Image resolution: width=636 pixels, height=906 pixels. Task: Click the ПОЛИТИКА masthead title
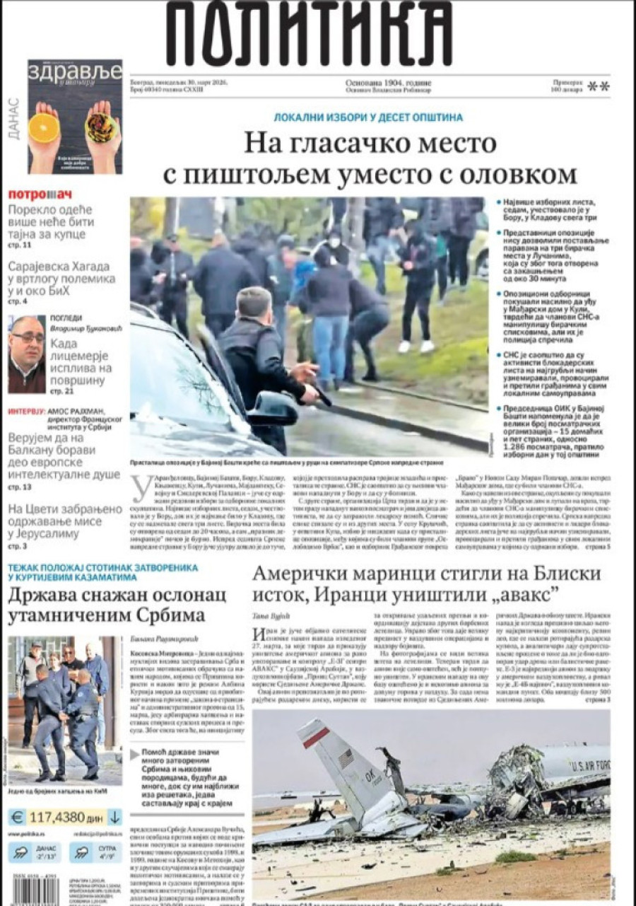[x=309, y=34]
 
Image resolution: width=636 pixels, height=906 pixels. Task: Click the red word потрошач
[x=40, y=194]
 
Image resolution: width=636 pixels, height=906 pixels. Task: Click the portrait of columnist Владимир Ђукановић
[x=27, y=354]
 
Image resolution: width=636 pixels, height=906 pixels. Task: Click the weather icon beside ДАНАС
[x=20, y=852]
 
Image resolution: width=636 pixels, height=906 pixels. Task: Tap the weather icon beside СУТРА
[x=82, y=852]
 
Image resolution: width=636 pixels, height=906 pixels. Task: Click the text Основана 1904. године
[x=388, y=83]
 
